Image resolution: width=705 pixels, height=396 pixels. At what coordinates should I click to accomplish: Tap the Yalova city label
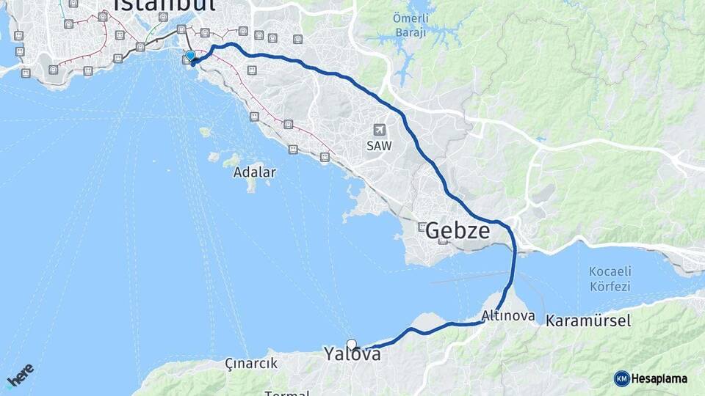(x=352, y=355)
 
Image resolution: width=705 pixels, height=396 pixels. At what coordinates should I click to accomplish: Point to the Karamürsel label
(x=588, y=320)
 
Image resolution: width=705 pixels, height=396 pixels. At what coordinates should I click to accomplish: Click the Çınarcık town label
(x=252, y=363)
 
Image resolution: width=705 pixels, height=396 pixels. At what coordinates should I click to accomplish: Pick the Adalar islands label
(x=254, y=173)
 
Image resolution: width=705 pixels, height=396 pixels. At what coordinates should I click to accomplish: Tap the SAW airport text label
(x=380, y=145)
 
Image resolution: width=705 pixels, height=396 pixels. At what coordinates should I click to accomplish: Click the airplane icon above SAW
(x=380, y=129)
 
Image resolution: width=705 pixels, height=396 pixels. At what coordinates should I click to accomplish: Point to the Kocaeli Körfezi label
(x=610, y=279)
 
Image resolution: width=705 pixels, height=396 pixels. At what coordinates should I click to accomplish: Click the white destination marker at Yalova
(x=352, y=344)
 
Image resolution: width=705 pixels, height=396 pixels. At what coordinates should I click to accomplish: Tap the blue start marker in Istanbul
(x=190, y=56)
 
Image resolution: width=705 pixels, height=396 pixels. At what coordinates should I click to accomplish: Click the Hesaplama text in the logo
(x=659, y=379)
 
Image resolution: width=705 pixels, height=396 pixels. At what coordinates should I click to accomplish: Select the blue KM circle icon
(x=622, y=379)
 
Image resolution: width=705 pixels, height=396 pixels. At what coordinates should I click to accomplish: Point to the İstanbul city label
(x=166, y=6)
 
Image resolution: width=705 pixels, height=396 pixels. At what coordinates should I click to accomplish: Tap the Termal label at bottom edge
(x=286, y=393)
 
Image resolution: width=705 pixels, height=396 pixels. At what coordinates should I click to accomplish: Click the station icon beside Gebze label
(x=421, y=227)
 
